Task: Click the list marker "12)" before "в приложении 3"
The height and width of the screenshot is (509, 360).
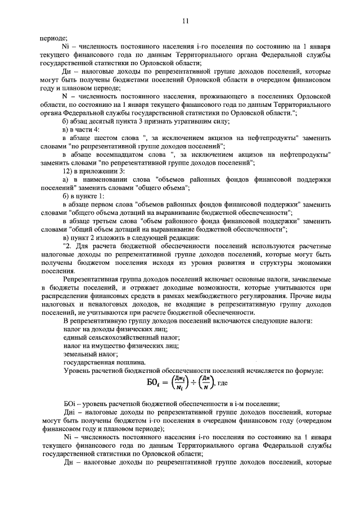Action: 70,171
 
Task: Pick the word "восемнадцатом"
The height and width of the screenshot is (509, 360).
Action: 120,154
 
